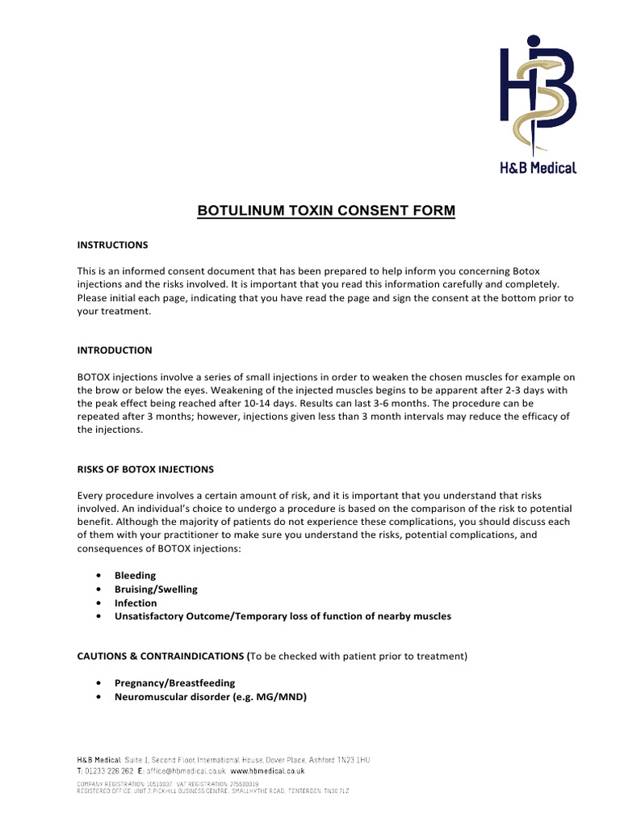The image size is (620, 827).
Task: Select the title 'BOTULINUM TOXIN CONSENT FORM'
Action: (x=327, y=212)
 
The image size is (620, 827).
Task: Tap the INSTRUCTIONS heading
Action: (x=112, y=244)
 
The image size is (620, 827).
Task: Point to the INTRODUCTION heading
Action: (x=114, y=351)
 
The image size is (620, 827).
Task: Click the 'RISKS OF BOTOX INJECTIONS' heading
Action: (x=145, y=469)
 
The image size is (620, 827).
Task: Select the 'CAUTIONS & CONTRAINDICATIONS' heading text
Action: (x=161, y=655)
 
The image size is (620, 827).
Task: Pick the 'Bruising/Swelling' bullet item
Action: (x=156, y=590)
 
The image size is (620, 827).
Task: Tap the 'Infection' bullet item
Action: (x=136, y=602)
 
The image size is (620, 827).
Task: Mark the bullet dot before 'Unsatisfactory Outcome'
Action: (x=98, y=616)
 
